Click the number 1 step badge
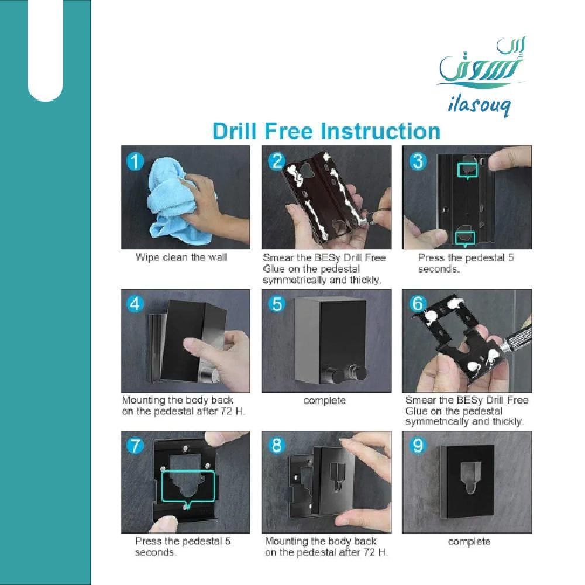pos(135,161)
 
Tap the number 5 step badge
pos(277,304)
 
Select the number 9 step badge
pos(418,445)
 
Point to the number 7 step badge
pos(135,445)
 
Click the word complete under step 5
pos(325,401)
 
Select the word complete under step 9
pos(469,541)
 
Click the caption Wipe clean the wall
pos(181,257)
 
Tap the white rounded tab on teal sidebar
pos(46,50)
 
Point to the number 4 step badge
pos(135,304)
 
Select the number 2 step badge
pos(277,161)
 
